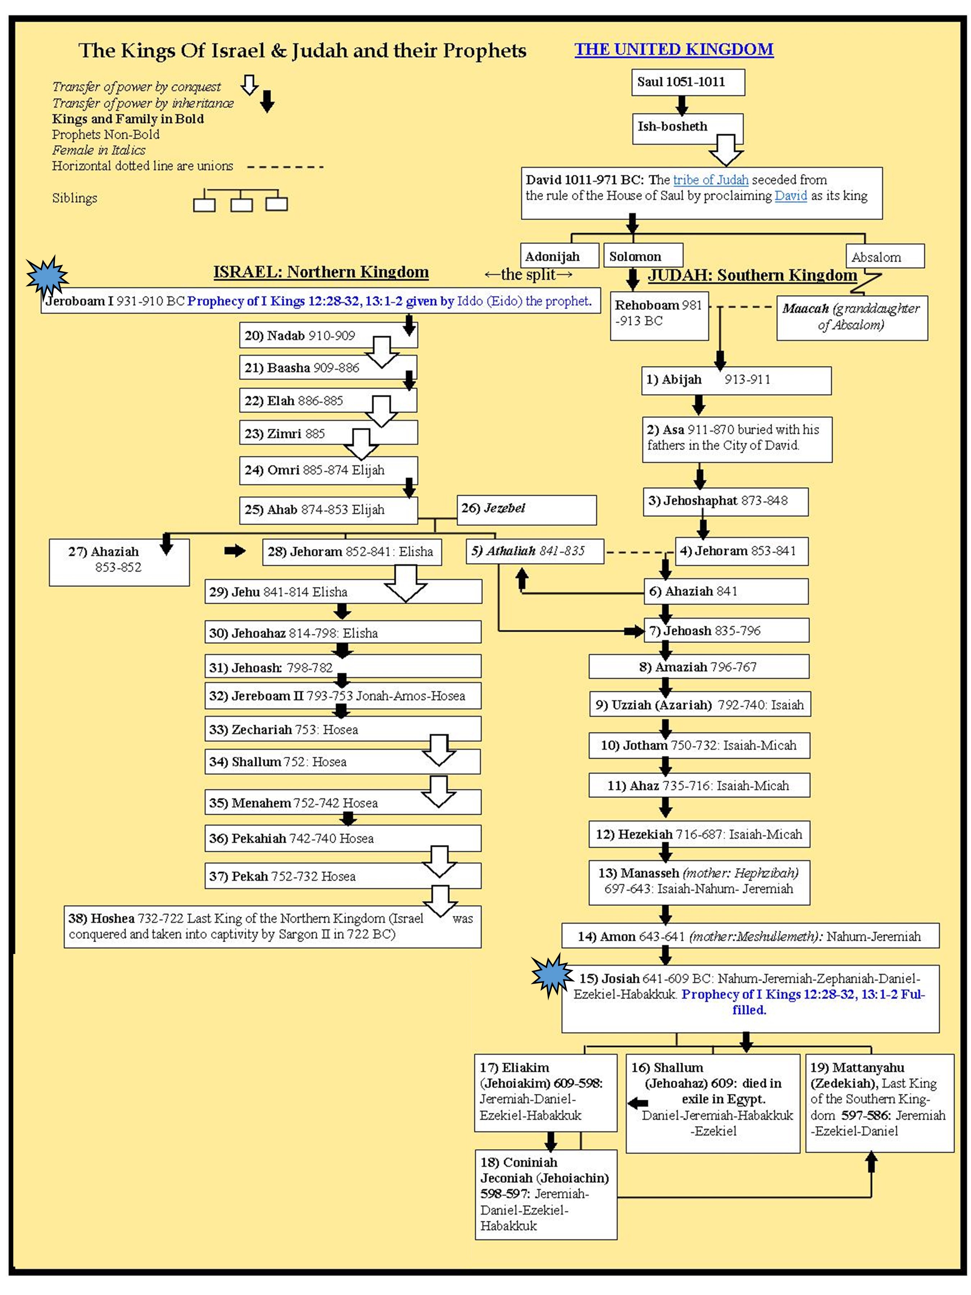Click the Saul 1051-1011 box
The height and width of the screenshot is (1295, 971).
(687, 82)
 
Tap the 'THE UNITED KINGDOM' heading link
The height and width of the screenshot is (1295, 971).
(673, 50)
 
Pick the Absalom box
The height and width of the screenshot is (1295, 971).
(884, 257)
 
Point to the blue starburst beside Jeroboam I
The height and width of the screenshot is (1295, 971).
(47, 276)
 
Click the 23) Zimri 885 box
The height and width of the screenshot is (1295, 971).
(328, 433)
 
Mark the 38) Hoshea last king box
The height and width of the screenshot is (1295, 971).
(272, 926)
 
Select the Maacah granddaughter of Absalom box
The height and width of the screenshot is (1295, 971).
(852, 317)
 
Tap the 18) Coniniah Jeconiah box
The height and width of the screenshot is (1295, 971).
(546, 1194)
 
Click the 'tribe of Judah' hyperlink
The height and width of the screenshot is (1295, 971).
(711, 180)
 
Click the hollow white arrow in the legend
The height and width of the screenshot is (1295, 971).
(249, 85)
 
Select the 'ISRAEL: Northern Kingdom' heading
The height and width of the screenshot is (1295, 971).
(321, 272)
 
